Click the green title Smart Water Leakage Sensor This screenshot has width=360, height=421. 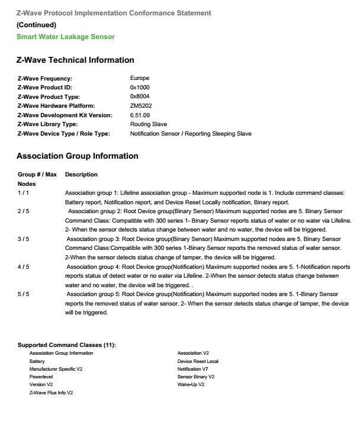pos(66,37)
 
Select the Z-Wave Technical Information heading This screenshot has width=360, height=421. pos(75,60)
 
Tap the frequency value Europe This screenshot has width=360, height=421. pos(140,78)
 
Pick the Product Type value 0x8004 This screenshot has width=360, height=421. pos(140,97)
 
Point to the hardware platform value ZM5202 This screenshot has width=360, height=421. pos(140,106)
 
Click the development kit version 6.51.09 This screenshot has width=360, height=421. pos(140,115)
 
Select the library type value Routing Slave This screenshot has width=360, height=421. pos(149,124)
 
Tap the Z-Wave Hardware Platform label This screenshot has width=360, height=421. pos(57,106)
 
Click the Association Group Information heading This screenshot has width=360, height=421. pos(77,156)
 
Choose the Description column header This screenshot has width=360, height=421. pos(81,175)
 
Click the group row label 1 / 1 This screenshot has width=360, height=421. pos(23,193)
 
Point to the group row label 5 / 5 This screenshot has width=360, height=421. pos(23,294)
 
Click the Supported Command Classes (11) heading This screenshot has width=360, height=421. pos(66,345)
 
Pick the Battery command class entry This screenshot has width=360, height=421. pos(37,361)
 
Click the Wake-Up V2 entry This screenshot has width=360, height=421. pos(191,384)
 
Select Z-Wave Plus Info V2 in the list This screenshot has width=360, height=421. pos(51,393)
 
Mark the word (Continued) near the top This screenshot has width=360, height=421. pos(36,25)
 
